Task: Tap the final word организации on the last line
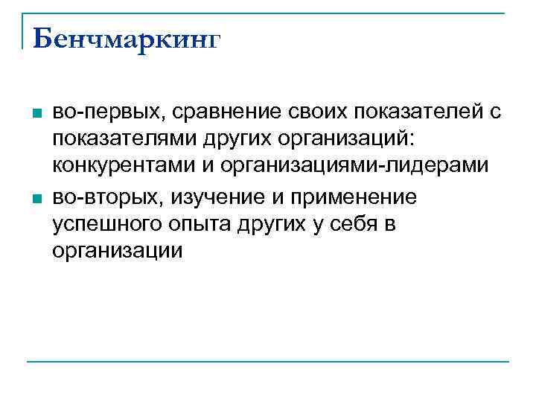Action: (118, 252)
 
